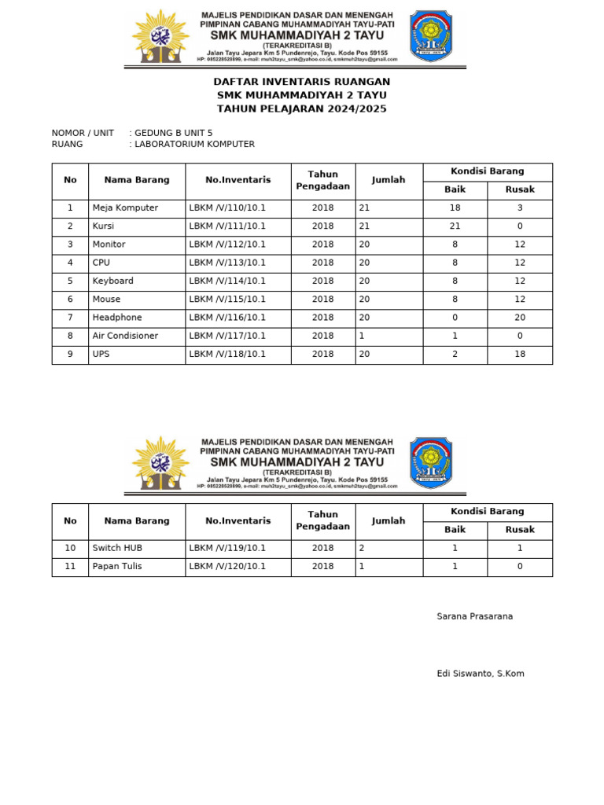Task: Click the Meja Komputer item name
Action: click(x=125, y=208)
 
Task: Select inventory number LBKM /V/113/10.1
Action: click(x=227, y=263)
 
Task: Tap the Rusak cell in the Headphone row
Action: click(x=520, y=318)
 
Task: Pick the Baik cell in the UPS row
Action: click(x=455, y=354)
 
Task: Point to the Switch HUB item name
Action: click(x=117, y=548)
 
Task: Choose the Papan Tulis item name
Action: click(x=117, y=566)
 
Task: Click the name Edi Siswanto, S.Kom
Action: click(x=481, y=674)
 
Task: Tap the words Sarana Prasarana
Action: click(x=475, y=616)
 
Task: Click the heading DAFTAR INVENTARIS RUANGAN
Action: click(x=302, y=82)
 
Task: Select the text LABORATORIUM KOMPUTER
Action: click(x=194, y=144)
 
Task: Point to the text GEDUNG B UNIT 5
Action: click(x=173, y=133)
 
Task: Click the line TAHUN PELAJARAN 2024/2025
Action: click(x=302, y=109)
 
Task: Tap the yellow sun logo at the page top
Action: click(x=160, y=37)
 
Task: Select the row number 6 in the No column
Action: click(x=70, y=299)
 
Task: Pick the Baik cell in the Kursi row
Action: click(x=455, y=226)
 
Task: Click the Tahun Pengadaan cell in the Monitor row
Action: click(x=322, y=244)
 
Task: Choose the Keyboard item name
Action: click(x=113, y=281)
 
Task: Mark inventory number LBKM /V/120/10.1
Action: click(x=227, y=566)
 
